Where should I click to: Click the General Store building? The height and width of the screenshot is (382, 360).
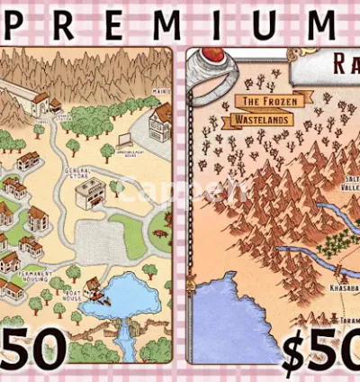(x=90, y=191)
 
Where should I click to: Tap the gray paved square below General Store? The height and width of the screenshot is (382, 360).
(x=94, y=240)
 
